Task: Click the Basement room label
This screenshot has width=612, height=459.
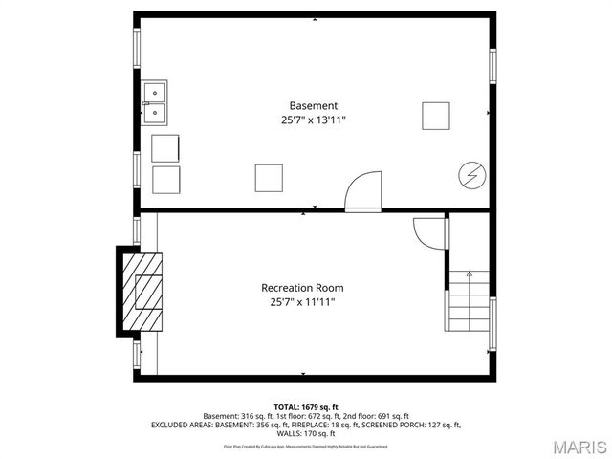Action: coord(314,105)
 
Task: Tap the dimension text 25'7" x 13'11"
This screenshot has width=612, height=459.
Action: coord(314,120)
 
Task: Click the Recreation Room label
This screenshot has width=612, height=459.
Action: coord(302,287)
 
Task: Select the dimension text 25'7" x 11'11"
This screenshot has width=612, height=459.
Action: coord(302,302)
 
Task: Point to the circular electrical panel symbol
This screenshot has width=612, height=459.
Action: coord(470,175)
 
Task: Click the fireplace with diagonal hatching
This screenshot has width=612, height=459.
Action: coord(142,291)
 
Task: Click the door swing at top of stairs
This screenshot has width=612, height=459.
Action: coord(427,233)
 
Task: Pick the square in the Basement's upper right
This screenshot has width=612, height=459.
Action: coord(436,115)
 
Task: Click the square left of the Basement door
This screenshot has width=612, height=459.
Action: coord(269,178)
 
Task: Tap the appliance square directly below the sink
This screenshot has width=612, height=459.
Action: coord(165,148)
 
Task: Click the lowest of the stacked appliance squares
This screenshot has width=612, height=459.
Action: coord(165,180)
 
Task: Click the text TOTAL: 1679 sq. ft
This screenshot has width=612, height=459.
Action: coord(306,407)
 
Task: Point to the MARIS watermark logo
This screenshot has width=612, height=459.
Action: coord(578,446)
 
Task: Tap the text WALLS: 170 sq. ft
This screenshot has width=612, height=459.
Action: coord(306,433)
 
